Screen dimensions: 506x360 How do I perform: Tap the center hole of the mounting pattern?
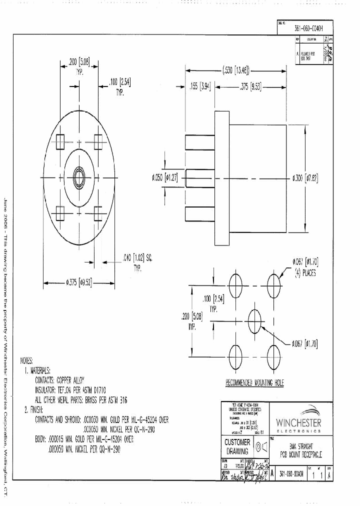point(254,317)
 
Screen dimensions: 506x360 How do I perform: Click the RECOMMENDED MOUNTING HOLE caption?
point(254,383)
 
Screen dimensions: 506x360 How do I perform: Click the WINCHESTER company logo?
point(298,420)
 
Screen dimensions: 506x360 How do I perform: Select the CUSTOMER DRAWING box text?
point(237,446)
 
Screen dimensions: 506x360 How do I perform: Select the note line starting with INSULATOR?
point(77,389)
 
